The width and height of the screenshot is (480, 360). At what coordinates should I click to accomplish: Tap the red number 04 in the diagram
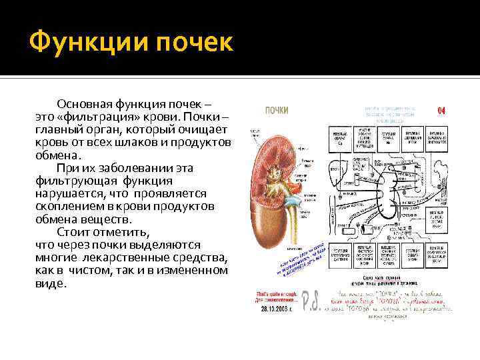(x=441, y=110)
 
